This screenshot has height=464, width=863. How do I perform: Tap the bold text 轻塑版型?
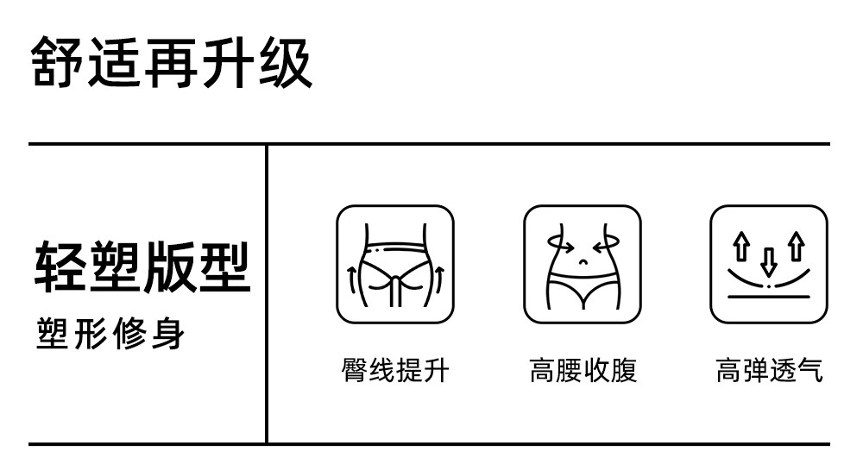pyautogui.click(x=142, y=266)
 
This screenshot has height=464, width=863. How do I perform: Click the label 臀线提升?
pyautogui.click(x=394, y=371)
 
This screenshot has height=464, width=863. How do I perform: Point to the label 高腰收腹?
pyautogui.click(x=583, y=371)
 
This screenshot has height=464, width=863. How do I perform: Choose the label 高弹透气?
pyautogui.click(x=769, y=371)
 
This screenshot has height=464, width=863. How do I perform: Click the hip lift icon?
pyautogui.click(x=394, y=264)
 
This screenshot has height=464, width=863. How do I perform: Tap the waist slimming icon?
pyautogui.click(x=583, y=264)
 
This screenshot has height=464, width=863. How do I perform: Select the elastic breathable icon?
pyautogui.click(x=769, y=264)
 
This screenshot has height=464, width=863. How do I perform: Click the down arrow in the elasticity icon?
pyautogui.click(x=768, y=261)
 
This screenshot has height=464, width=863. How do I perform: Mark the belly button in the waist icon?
pyautogui.click(x=583, y=262)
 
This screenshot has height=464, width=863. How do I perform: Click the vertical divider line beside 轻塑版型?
pyautogui.click(x=266, y=293)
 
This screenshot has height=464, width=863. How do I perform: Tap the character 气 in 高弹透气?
pyautogui.click(x=811, y=371)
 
